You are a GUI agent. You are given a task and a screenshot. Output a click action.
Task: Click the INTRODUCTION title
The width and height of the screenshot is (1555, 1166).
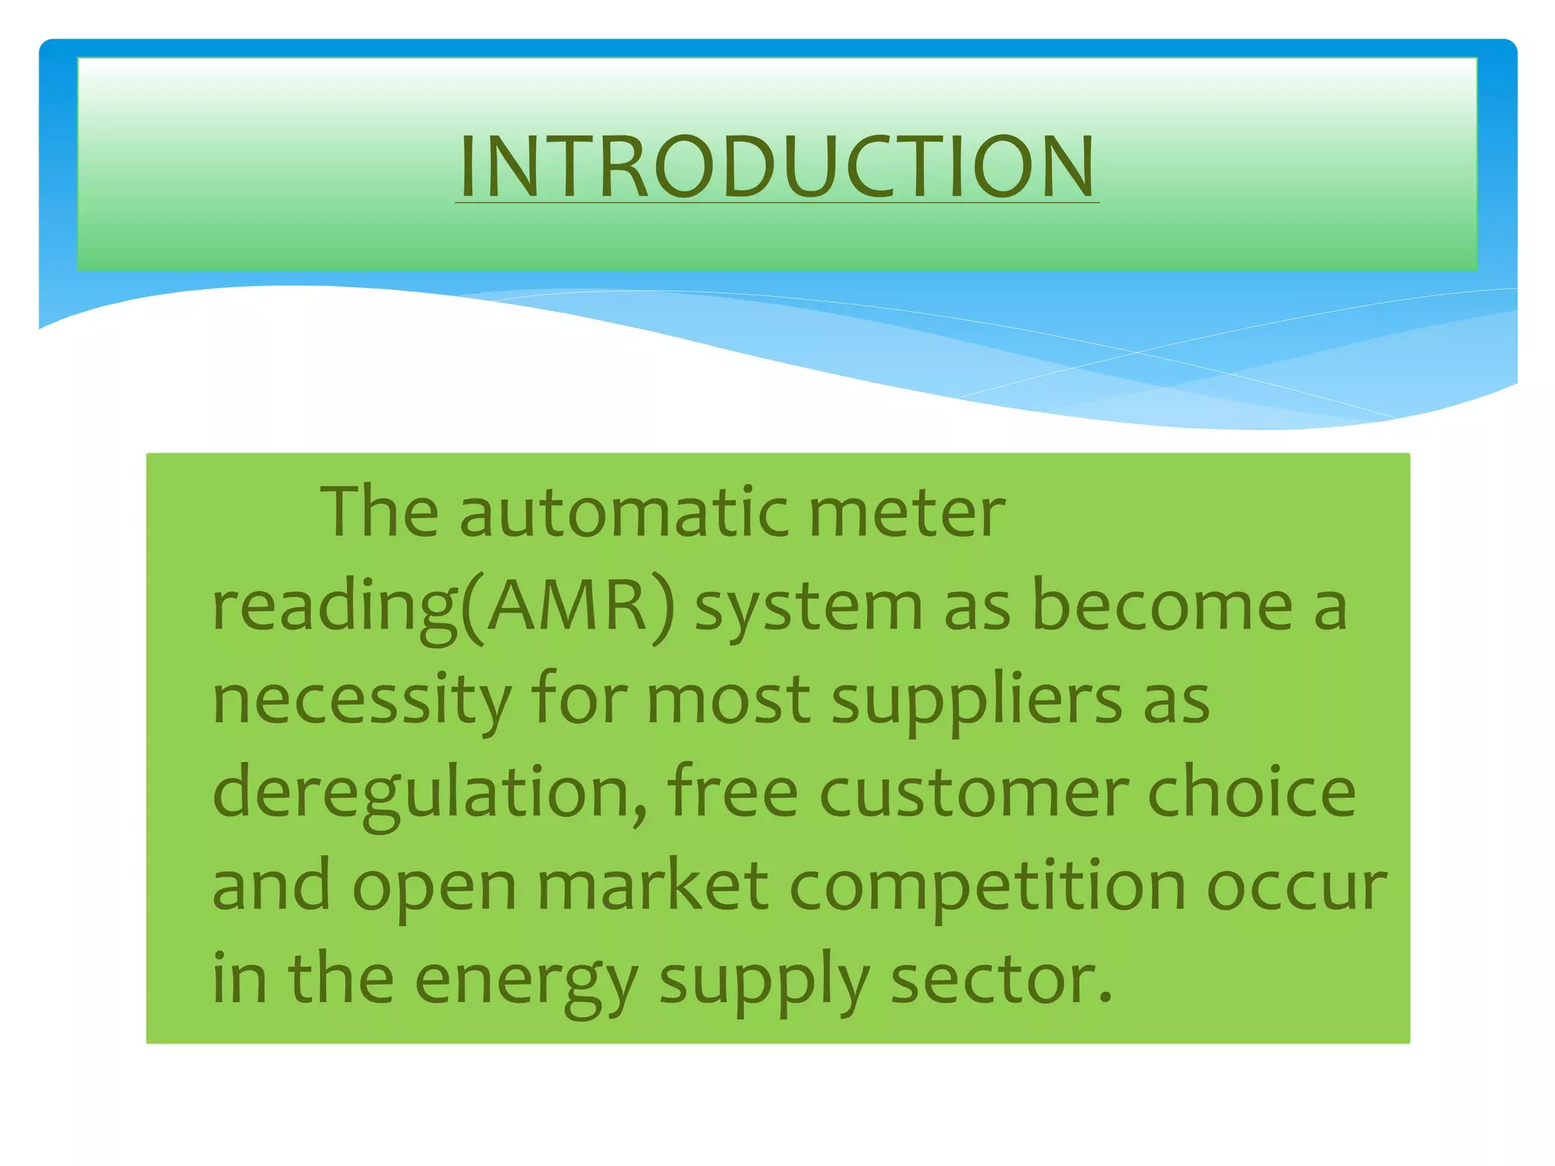tap(777, 167)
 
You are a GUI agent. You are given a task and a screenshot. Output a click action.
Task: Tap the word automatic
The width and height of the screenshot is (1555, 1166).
tap(623, 513)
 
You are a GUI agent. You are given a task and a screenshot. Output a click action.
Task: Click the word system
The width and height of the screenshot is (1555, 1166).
tap(809, 607)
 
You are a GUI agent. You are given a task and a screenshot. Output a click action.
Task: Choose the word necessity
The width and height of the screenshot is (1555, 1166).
tap(361, 700)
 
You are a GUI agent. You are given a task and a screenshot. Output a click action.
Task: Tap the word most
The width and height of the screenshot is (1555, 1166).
tap(728, 700)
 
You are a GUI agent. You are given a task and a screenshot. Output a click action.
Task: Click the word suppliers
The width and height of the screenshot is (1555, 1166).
tap(976, 700)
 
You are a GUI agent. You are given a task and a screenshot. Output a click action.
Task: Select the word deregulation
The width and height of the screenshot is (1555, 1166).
tap(430, 793)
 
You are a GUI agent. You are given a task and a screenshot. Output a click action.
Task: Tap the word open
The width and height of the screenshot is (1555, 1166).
tap(434, 887)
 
